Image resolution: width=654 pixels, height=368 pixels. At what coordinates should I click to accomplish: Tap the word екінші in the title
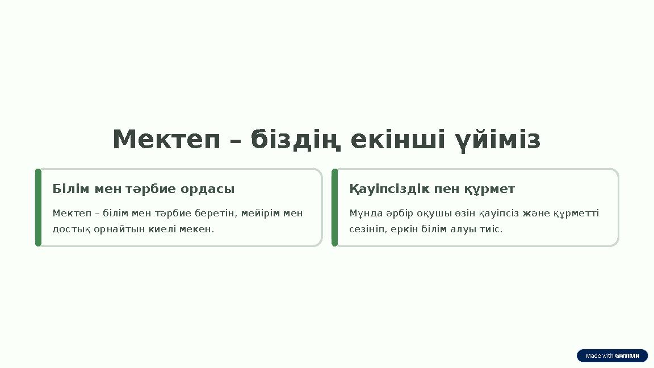click(x=397, y=140)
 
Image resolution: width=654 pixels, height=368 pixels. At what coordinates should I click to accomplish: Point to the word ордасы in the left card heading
click(x=207, y=189)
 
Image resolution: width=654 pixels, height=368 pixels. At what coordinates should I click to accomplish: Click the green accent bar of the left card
click(x=38, y=207)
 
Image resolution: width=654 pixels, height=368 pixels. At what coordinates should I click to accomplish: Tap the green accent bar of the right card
click(x=334, y=207)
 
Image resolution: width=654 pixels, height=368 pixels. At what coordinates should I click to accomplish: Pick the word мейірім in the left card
click(x=261, y=214)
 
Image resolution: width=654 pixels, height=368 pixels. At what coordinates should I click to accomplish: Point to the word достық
click(x=68, y=229)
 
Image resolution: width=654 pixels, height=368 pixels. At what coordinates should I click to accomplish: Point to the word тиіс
click(x=492, y=229)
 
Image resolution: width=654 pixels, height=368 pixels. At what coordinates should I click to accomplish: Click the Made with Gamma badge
click(x=612, y=356)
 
